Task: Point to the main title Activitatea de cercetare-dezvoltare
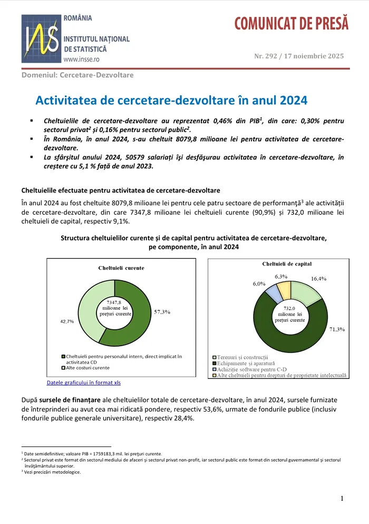click(171, 100)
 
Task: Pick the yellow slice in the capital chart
click(284, 289)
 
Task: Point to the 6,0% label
click(259, 284)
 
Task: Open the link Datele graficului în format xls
click(84, 383)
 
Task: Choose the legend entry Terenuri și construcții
click(242, 358)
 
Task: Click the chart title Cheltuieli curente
click(121, 268)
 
